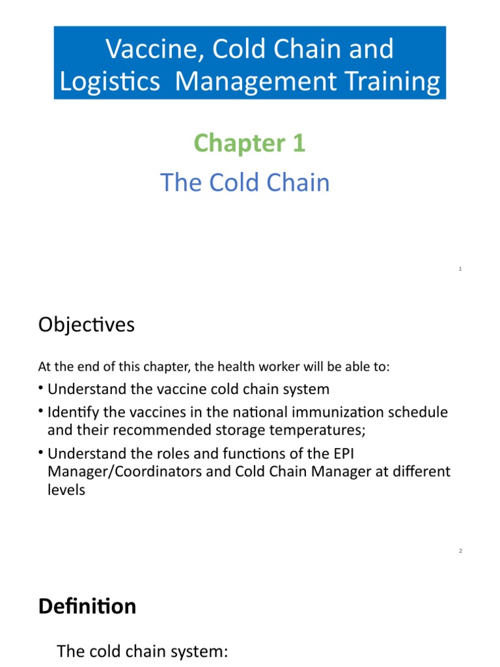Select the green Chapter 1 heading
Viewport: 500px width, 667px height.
coord(249,143)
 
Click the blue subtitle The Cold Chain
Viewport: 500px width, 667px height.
coord(245,182)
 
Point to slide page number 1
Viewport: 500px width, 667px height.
coord(460,269)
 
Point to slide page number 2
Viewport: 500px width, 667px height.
coord(460,551)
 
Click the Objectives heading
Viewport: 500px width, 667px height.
coord(87,324)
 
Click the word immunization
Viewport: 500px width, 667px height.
coord(344,412)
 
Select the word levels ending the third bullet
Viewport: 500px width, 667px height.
coord(66,489)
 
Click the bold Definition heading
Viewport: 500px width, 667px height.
coord(87,606)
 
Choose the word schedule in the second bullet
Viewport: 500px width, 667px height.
coord(420,412)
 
